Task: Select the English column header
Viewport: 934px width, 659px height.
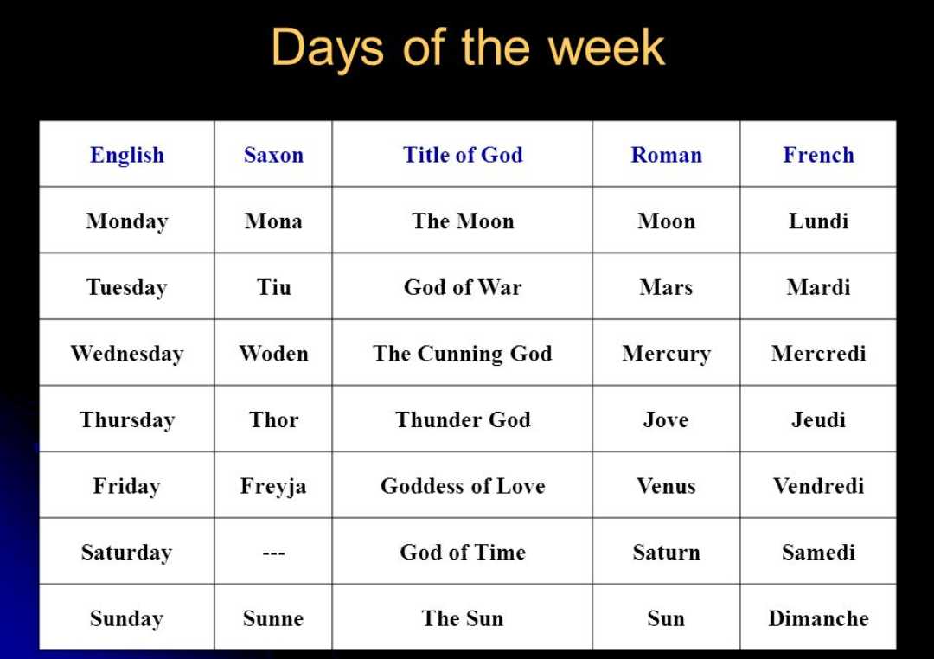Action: pos(127,155)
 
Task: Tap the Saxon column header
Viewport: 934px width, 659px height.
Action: pos(273,155)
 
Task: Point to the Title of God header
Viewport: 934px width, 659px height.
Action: pos(463,155)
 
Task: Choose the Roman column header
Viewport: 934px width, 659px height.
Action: pos(667,155)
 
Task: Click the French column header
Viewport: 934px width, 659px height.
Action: pos(818,155)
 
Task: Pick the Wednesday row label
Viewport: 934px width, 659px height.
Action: pos(127,354)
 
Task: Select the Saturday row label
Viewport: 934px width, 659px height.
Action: pos(127,553)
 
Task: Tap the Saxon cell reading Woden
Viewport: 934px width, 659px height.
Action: pos(273,354)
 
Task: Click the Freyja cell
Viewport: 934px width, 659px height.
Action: pos(273,486)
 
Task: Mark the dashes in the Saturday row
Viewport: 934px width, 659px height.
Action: pos(273,553)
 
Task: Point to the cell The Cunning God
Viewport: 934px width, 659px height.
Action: pos(463,354)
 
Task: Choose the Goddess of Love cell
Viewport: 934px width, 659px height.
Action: pos(463,486)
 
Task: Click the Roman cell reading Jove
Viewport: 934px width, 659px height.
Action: pos(666,419)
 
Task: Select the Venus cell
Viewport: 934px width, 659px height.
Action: pos(666,486)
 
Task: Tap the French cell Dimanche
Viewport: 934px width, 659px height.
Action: pos(818,618)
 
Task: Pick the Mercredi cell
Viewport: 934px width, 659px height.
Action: pos(818,354)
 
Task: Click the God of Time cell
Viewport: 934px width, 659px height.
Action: pos(463,553)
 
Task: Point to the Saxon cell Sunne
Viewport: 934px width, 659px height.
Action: pos(273,618)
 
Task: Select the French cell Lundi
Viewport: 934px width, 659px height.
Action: pos(818,221)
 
